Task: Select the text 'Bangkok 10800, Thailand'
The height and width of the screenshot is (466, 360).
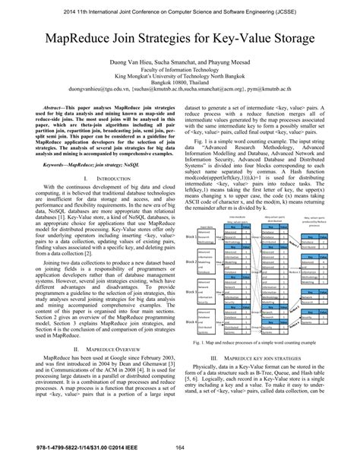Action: click(x=179, y=84)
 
